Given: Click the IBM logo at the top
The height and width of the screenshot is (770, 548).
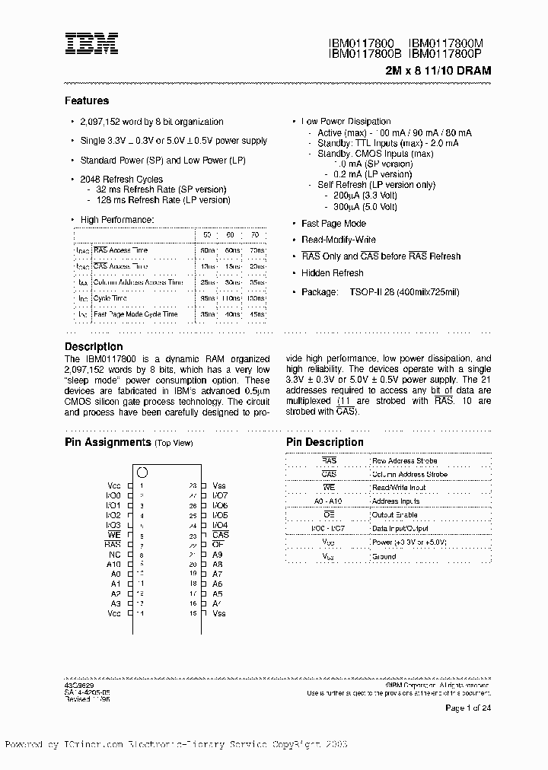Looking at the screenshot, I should point(91,43).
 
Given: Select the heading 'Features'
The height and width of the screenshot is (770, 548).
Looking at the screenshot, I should point(87,100).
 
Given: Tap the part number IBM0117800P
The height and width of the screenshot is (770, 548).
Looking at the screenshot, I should point(450,54).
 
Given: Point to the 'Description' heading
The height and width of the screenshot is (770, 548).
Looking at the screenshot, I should point(93,346).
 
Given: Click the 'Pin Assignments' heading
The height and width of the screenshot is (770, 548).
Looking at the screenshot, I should point(107,442).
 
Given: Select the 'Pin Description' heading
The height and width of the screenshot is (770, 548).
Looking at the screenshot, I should point(325,442).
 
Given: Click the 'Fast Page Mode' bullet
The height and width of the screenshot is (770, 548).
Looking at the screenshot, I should point(333,224).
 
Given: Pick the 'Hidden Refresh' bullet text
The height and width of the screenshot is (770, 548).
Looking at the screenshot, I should point(333,273).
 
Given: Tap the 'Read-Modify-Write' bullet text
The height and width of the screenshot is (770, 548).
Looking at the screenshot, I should point(338,240).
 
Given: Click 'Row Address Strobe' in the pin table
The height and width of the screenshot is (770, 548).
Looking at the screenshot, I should point(404,461).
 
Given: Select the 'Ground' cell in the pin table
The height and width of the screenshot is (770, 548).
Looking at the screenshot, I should point(384,556).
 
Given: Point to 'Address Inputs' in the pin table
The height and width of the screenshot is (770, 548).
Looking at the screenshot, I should point(396,501).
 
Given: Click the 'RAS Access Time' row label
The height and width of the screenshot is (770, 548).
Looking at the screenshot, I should point(120,250).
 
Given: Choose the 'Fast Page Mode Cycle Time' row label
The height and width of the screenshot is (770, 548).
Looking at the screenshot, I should point(135,313).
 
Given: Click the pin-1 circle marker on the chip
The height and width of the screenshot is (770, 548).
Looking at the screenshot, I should point(142,473).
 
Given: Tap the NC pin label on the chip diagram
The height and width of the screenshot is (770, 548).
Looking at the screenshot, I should point(115,555).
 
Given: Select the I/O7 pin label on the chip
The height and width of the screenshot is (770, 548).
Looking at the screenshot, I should point(220,495).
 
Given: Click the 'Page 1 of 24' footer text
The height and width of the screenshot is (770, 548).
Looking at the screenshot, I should point(468,708).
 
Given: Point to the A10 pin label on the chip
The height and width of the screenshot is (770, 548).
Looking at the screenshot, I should point(113,565).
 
